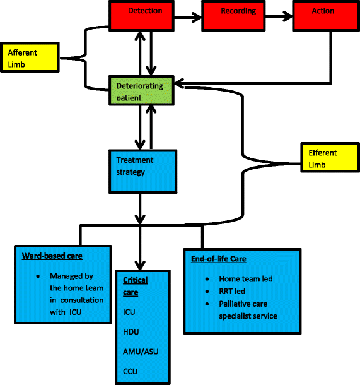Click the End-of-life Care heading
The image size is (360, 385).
[218, 259]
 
